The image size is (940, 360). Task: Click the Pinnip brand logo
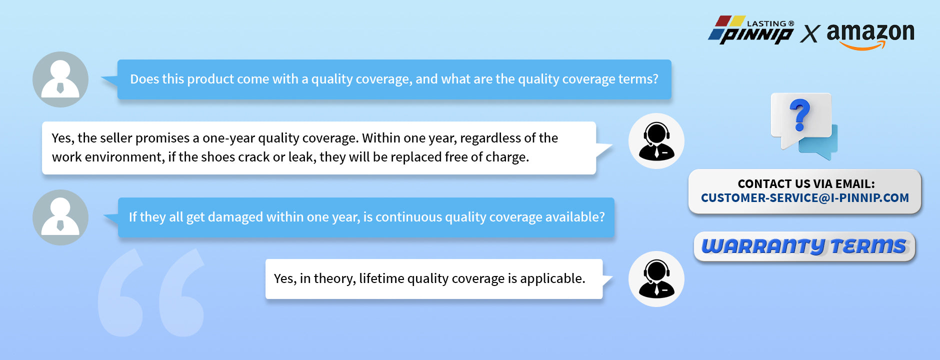pyautogui.click(x=751, y=30)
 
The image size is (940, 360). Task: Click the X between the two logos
pyautogui.click(x=810, y=34)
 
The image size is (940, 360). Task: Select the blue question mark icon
pyautogui.click(x=799, y=115)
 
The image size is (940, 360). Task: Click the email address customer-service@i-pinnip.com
pyautogui.click(x=805, y=198)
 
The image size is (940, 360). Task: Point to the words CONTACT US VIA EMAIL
pyautogui.click(x=806, y=183)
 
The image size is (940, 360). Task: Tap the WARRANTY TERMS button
pyautogui.click(x=804, y=246)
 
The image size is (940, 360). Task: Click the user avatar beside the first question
pyautogui.click(x=60, y=79)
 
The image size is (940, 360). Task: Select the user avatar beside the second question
pyautogui.click(x=60, y=217)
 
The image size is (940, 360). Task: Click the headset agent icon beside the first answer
pyautogui.click(x=656, y=141)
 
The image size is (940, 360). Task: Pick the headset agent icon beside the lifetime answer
pyautogui.click(x=656, y=279)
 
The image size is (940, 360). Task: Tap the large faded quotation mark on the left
pyautogui.click(x=151, y=292)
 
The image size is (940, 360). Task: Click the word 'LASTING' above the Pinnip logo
pyautogui.click(x=766, y=23)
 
